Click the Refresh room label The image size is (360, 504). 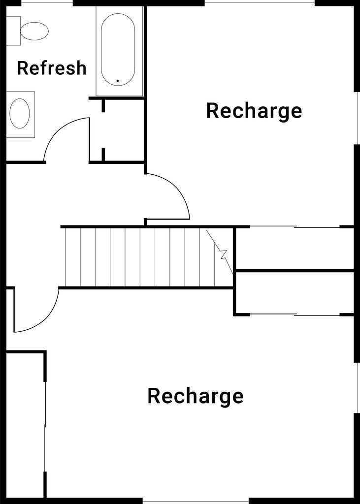click(52, 68)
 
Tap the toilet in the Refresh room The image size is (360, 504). click(33, 31)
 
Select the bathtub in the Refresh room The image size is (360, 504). click(118, 49)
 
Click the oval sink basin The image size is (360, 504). click(20, 113)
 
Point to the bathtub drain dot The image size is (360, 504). click(118, 80)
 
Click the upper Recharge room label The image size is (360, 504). click(254, 111)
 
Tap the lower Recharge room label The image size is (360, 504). click(196, 396)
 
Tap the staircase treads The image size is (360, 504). click(138, 257)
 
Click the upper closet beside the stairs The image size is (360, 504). click(294, 249)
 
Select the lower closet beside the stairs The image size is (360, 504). click(294, 292)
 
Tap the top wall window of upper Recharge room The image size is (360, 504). click(260, 2)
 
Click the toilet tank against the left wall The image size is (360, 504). click(13, 31)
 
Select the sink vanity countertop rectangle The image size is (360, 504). click(21, 114)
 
